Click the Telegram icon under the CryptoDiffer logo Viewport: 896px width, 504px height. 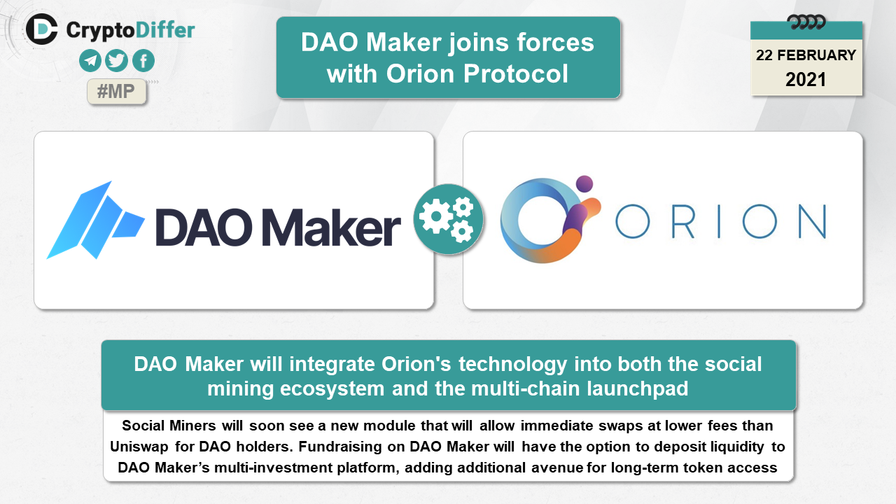pyautogui.click(x=90, y=61)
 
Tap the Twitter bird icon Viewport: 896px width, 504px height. pyautogui.click(x=116, y=61)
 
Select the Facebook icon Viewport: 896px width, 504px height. pyautogui.click(x=143, y=61)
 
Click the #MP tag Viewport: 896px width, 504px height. pyautogui.click(x=116, y=92)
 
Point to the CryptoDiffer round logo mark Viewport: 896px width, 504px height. pyautogui.click(x=41, y=29)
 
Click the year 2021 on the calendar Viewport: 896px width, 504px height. pyautogui.click(x=806, y=80)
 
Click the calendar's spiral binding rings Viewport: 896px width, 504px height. pyautogui.click(x=806, y=22)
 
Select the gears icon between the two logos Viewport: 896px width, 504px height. pyautogui.click(x=448, y=219)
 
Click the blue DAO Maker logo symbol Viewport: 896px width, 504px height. pyautogui.click(x=95, y=220)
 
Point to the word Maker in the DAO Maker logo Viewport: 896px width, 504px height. pyautogui.click(x=331, y=227)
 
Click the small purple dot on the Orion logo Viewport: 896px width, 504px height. pyautogui.click(x=584, y=183)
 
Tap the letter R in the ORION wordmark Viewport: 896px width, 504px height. pyautogui.click(x=682, y=221)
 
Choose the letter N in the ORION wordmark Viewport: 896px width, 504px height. pyautogui.click(x=813, y=221)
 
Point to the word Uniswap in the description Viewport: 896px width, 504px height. pyautogui.click(x=139, y=447)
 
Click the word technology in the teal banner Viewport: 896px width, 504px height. pyautogui.click(x=513, y=365)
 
